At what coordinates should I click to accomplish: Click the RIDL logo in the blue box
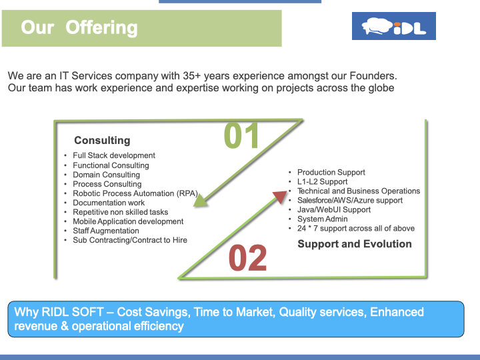pos(394,26)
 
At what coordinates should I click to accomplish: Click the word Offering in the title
pos(101,27)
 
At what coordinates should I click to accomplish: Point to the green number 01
pos(241,135)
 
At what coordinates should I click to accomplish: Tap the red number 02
pos(247,258)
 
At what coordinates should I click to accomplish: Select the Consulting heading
pos(102,140)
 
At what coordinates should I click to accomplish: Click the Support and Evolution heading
pos(355,244)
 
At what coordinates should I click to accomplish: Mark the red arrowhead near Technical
pos(280,197)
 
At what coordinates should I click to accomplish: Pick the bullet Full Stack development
pos(114,155)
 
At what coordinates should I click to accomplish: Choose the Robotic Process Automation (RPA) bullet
pos(135,193)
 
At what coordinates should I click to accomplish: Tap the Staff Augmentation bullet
pos(106,231)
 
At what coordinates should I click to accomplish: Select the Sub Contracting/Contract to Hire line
pos(130,240)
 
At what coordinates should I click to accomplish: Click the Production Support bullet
pos(331,173)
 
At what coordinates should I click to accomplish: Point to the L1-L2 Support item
pos(323,182)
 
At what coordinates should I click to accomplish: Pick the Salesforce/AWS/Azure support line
pos(350,201)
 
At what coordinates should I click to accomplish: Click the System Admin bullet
pos(323,219)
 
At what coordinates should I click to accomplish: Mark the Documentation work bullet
pos(109,203)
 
